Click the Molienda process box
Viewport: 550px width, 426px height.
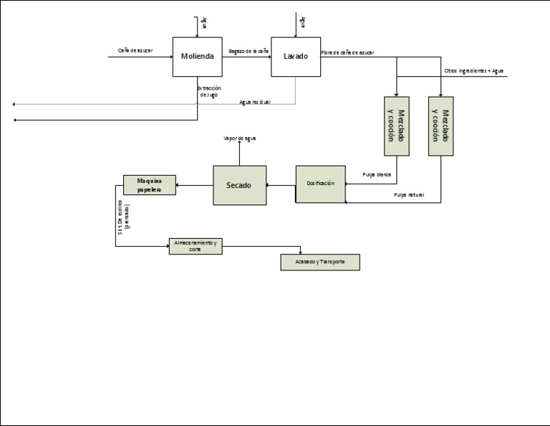[x=197, y=57]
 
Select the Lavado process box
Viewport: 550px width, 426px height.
[x=295, y=57]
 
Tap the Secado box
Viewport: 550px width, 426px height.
[x=239, y=185]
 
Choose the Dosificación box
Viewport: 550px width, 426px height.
[x=320, y=184]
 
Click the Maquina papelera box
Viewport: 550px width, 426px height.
[x=150, y=184]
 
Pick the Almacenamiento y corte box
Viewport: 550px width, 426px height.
[x=196, y=247]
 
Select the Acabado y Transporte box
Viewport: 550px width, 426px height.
[x=319, y=262]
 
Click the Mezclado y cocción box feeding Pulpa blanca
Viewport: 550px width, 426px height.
[x=396, y=126]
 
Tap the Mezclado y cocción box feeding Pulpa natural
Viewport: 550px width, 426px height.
[x=440, y=126]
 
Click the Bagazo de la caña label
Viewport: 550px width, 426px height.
[x=248, y=51]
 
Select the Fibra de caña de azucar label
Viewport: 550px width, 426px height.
[x=347, y=52]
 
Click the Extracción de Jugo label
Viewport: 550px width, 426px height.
[x=208, y=91]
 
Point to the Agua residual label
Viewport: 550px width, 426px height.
[x=255, y=102]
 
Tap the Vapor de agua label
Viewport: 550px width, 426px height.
[x=239, y=138]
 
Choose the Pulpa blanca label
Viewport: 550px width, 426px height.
[x=377, y=174]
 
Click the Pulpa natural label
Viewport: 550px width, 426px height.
[x=408, y=195]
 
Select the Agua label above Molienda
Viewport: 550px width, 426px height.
[x=203, y=22]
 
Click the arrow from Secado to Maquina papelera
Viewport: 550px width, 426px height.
[x=194, y=186]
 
